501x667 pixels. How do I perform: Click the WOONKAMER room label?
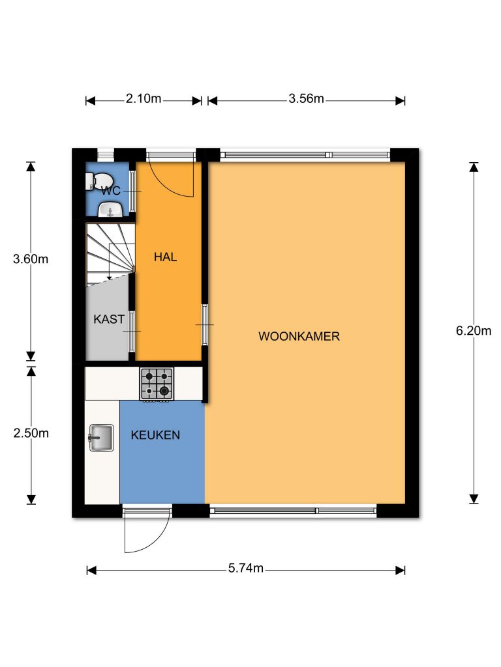[299, 337]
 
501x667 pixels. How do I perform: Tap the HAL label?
[165, 257]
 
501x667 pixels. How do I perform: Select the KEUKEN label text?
[155, 434]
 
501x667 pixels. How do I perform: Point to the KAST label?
[109, 319]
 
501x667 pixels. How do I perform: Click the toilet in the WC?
[97, 181]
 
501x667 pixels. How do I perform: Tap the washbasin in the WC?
[111, 209]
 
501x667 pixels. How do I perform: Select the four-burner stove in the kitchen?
[157, 384]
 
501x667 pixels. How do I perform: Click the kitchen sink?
[101, 438]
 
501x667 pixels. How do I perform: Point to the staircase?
[110, 254]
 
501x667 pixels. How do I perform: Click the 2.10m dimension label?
[144, 99]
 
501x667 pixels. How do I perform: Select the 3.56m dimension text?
[307, 99]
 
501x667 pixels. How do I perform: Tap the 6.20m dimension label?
[474, 330]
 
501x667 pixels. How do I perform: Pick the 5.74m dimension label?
[246, 568]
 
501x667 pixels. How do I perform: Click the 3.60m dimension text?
[31, 259]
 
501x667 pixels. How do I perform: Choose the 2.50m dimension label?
[31, 433]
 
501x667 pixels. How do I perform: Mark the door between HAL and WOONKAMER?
[205, 324]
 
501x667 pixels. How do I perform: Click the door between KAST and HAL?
[132, 332]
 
